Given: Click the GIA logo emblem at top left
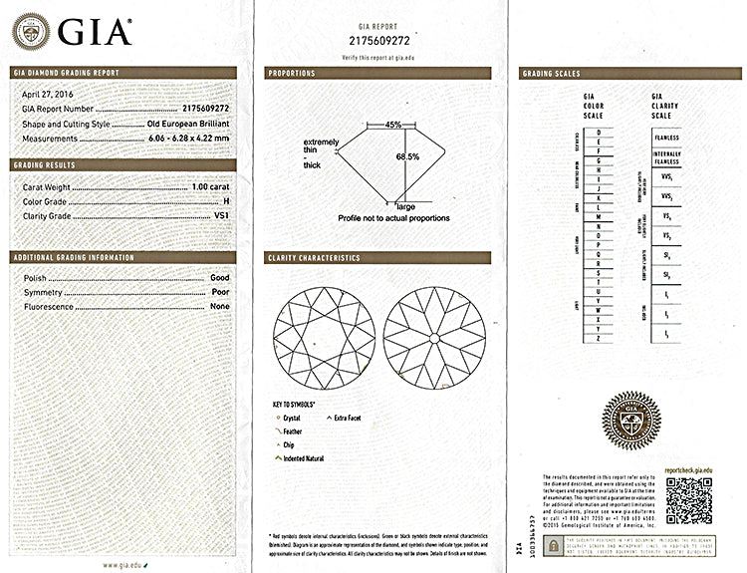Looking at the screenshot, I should click(x=30, y=32).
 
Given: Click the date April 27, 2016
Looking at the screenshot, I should click(x=48, y=94).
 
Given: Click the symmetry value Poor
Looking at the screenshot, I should click(x=220, y=292).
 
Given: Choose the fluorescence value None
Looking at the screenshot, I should click(x=220, y=307).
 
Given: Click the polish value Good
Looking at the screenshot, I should click(x=220, y=277).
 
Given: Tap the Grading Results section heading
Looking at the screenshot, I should click(x=49, y=164).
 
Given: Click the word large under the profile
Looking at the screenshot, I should click(x=405, y=205).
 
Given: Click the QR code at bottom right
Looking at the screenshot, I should click(x=687, y=501).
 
